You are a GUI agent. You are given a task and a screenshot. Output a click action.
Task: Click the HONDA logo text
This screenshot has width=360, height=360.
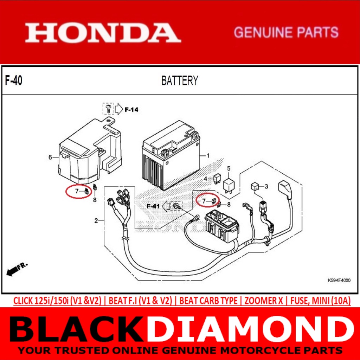click(x=103, y=33)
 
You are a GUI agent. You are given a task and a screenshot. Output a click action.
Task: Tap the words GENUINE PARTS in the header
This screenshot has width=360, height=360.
click(x=286, y=33)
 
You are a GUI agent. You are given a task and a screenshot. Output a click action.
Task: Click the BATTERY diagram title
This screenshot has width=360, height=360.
click(x=180, y=81)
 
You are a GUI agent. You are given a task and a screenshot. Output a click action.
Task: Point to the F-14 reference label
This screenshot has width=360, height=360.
click(x=131, y=110)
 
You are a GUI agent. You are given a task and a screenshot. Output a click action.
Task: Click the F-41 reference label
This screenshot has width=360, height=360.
click(x=153, y=206)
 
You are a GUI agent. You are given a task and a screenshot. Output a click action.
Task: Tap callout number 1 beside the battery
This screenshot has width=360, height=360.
click(x=207, y=155)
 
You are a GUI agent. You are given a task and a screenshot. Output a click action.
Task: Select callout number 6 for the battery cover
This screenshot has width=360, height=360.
click(x=50, y=157)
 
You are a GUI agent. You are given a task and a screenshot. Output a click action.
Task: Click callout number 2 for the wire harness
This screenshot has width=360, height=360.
click(x=96, y=221)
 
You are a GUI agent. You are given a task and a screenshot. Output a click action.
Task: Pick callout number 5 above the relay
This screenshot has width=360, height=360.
click(x=229, y=168)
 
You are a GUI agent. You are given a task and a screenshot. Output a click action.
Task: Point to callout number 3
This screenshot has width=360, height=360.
click(x=266, y=186)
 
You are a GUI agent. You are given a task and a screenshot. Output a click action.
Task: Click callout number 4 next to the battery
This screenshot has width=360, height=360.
click(x=206, y=179)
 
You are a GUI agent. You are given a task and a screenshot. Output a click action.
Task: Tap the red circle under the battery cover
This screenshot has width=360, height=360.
click(x=78, y=192)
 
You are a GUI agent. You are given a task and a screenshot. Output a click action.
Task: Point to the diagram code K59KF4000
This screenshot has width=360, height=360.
click(x=339, y=281)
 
